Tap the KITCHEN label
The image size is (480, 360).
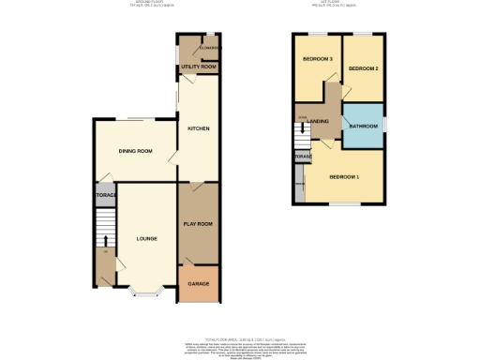click(198, 128)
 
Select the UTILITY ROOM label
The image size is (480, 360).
click(199, 67)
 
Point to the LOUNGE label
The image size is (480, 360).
click(146, 239)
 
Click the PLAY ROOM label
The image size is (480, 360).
click(198, 224)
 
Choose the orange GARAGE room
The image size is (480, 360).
click(198, 285)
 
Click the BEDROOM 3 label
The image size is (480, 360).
click(317, 60)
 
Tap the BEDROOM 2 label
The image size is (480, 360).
click(363, 69)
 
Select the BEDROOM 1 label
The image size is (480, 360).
click(344, 176)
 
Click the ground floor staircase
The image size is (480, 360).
click(104, 229)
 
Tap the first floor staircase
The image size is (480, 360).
click(302, 139)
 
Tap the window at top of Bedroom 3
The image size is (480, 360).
click(317, 35)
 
